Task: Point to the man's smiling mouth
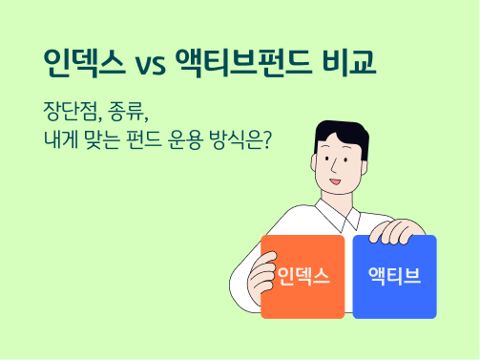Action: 334,181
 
